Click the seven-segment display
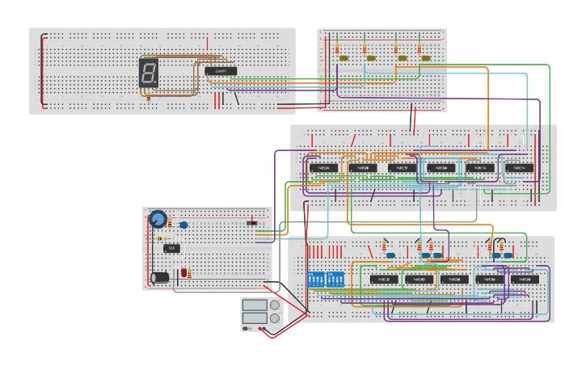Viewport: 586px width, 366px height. click(x=148, y=73)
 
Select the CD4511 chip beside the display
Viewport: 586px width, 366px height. click(x=220, y=71)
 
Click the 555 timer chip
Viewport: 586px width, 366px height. click(x=171, y=248)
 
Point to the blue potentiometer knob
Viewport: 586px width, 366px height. click(x=158, y=218)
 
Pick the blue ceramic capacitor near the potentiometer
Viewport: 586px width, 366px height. click(x=183, y=225)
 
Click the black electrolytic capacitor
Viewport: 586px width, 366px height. click(x=160, y=277)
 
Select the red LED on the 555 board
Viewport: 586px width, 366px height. click(x=183, y=273)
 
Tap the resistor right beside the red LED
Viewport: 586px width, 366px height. click(x=190, y=273)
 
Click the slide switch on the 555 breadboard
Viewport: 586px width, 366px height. click(x=251, y=222)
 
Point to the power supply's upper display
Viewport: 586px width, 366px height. click(x=255, y=305)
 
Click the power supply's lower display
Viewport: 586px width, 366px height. click(x=255, y=318)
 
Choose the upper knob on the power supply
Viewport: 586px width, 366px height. click(x=274, y=305)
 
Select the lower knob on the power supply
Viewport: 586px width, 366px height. click(x=274, y=318)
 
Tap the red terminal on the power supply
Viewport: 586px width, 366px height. click(x=260, y=328)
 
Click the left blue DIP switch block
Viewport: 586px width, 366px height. click(x=315, y=280)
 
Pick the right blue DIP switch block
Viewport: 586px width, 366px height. click(x=334, y=280)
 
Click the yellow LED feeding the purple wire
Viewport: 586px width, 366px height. click(x=344, y=58)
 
